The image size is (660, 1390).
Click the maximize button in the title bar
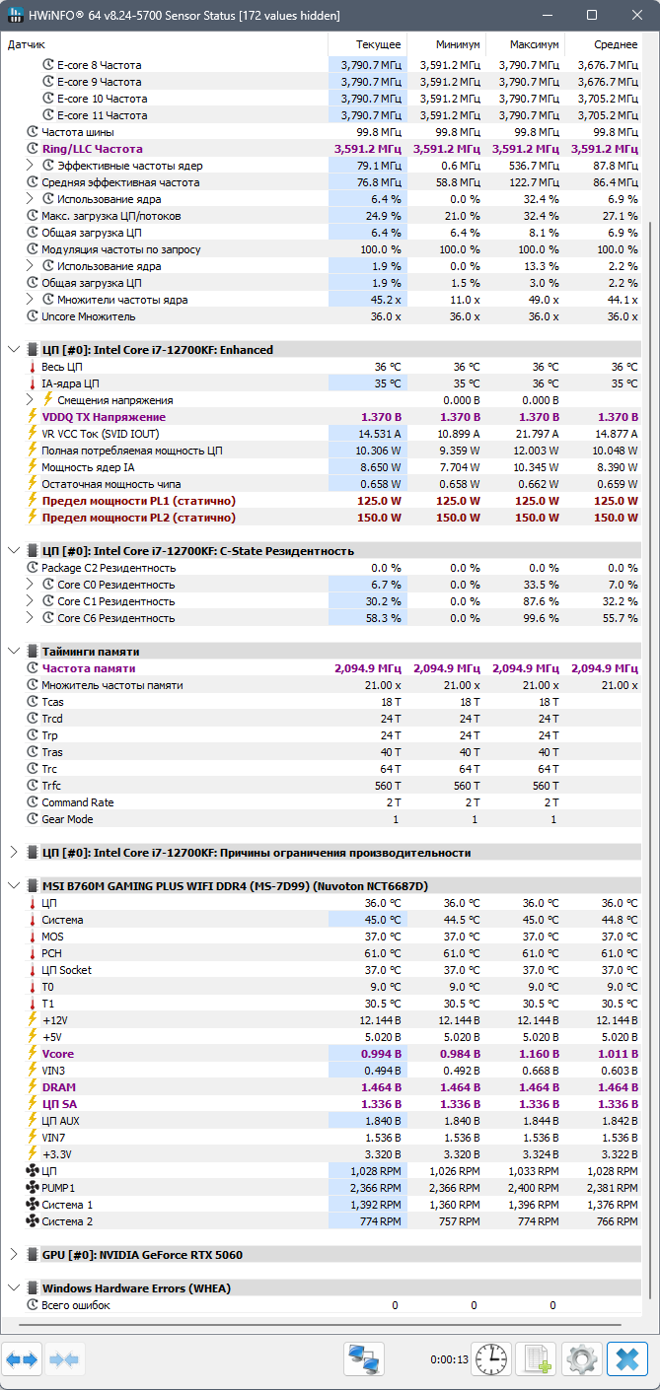[x=592, y=15]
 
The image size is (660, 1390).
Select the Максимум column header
[x=536, y=44]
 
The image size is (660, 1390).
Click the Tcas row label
[x=52, y=702]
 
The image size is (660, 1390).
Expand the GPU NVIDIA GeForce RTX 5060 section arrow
[x=13, y=1255]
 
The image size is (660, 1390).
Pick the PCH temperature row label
[x=52, y=953]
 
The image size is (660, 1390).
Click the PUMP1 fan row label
[x=58, y=1188]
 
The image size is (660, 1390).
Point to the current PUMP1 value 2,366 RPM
[x=377, y=1188]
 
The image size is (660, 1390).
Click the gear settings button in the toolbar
[x=582, y=1359]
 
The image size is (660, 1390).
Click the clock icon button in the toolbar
[x=490, y=1359]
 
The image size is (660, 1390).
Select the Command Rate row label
[x=77, y=802]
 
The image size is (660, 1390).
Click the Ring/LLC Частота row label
[x=92, y=149]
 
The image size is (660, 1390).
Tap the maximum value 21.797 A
[x=536, y=434]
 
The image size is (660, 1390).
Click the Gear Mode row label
[x=67, y=819]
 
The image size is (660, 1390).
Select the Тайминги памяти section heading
[x=91, y=652]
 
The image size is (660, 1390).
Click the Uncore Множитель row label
[x=89, y=316]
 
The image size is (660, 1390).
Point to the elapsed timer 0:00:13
[x=449, y=1360]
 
